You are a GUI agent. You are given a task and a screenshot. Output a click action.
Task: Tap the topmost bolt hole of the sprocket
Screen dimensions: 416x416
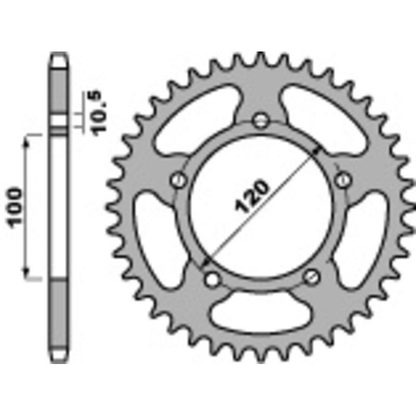[x=259, y=121]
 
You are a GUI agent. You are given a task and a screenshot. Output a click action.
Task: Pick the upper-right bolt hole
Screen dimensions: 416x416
[x=342, y=180]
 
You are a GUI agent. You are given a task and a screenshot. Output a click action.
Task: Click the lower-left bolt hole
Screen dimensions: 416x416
[x=211, y=279]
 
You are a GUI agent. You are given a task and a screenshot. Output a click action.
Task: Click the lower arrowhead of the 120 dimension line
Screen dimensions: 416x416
[x=206, y=263]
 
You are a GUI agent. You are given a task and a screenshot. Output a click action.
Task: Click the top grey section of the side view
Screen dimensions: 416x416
[x=59, y=88]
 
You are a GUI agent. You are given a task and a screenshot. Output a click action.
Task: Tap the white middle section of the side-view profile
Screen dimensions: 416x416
[x=59, y=208]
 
